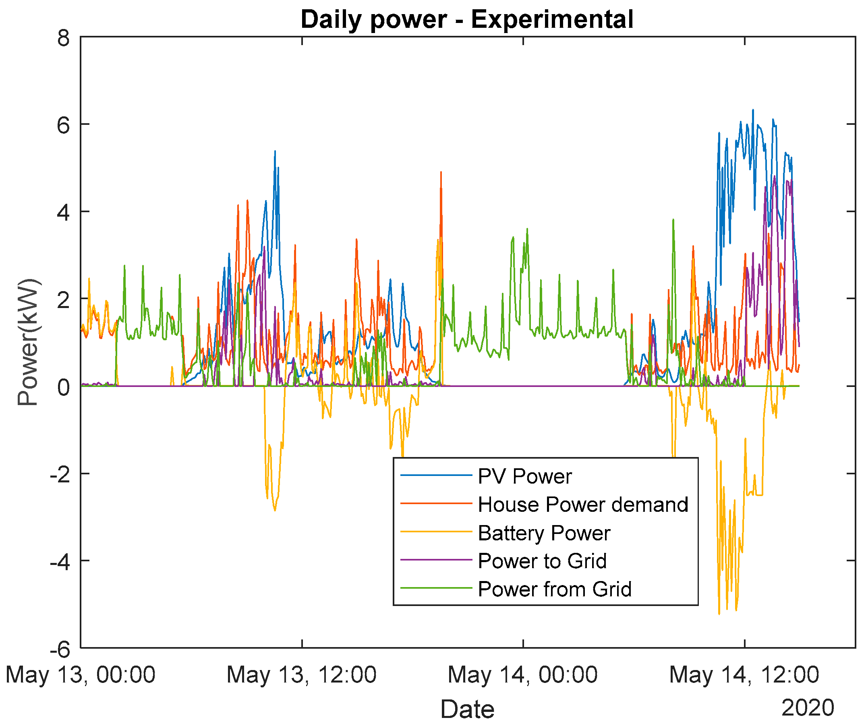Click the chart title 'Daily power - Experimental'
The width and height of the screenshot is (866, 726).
coord(467,19)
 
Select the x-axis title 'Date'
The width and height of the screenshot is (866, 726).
coord(467,709)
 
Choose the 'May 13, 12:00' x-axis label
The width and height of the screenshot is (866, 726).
coord(301,675)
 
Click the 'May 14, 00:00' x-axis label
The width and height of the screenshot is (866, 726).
coord(523,675)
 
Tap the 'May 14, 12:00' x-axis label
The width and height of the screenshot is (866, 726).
coord(744,675)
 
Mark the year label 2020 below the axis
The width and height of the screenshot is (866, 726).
coord(808,708)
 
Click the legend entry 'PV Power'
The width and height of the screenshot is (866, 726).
coord(524,476)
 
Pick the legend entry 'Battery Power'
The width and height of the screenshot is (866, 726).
coord(544,533)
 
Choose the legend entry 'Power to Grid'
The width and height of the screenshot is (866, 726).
coord(542,561)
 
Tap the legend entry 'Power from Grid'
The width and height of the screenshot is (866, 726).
coord(555,589)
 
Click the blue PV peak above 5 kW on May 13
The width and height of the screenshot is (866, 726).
coord(275,152)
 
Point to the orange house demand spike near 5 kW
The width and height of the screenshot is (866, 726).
coord(441,173)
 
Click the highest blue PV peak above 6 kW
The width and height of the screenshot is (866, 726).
coord(752,110)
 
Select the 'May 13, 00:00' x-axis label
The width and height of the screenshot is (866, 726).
coord(81,675)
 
